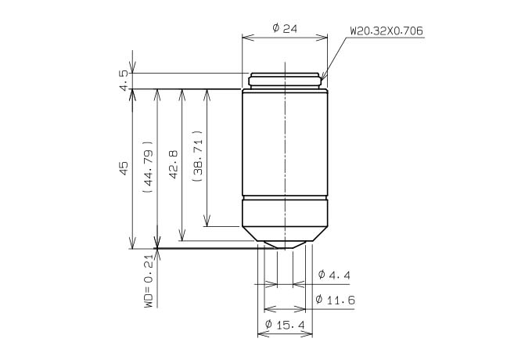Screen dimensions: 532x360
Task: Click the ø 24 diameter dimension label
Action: point(285,28)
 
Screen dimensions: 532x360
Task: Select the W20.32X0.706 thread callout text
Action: point(386,31)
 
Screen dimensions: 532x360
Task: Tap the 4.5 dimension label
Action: point(124,81)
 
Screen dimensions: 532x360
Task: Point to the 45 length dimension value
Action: point(124,168)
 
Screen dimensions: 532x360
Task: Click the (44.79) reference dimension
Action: point(149,167)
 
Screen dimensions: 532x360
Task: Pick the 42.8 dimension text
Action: point(174,164)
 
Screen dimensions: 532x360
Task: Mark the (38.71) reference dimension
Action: point(197,156)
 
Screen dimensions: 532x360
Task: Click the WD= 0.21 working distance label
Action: point(149,280)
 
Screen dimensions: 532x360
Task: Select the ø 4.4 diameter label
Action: point(334,275)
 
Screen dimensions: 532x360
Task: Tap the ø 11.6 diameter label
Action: point(335,300)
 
